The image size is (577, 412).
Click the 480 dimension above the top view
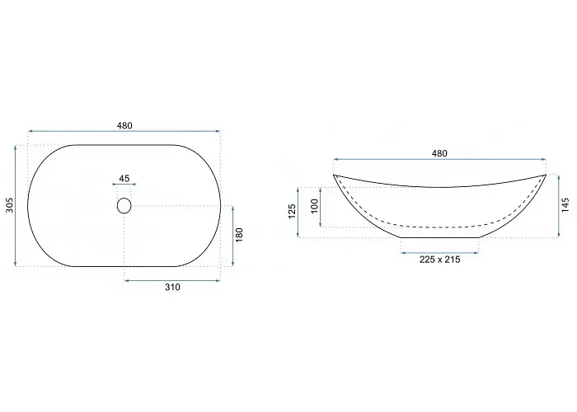[124, 125]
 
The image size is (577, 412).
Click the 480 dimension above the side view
[439, 153]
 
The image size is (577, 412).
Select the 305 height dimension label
[10, 205]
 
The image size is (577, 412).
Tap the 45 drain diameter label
[124, 179]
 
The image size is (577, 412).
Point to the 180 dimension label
[239, 235]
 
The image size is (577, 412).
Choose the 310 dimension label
[172, 288]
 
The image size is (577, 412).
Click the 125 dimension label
[292, 212]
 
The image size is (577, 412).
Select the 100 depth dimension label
[314, 206]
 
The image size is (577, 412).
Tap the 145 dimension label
[565, 205]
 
